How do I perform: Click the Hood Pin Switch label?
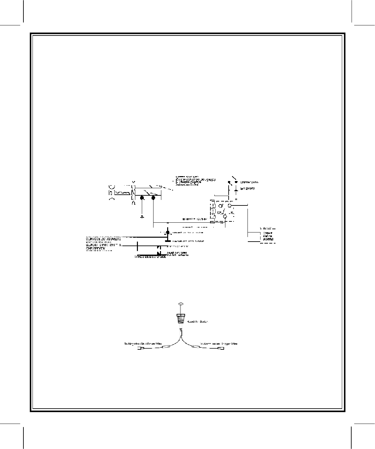[197, 322]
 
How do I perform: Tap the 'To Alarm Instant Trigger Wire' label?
[219, 344]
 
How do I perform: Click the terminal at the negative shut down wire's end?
[141, 349]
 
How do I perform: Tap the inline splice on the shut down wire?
[166, 347]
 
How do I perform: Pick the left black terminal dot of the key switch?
[142, 198]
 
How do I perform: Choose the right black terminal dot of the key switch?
[154, 198]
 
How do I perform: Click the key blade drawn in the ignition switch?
[122, 194]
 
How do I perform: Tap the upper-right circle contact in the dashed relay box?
[230, 206]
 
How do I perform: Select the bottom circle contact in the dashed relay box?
[225, 216]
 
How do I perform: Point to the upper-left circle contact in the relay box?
[220, 206]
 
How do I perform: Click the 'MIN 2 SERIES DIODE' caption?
[150, 257]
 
